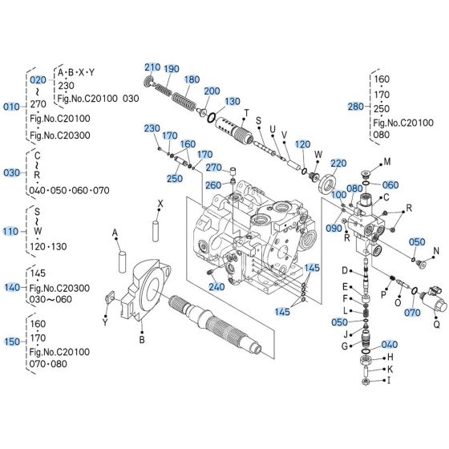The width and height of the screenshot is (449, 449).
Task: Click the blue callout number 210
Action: [x=152, y=67]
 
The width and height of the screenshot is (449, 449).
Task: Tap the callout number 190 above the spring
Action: [x=172, y=69]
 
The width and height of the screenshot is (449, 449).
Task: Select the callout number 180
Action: [x=192, y=79]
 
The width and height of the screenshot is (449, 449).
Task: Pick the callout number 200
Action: [x=212, y=91]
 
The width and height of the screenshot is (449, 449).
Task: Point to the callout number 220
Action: [x=338, y=163]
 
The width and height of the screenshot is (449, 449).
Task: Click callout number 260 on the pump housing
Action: [x=213, y=184]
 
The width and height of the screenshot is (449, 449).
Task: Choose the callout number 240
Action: [x=216, y=287]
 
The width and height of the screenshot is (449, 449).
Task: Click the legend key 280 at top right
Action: [x=355, y=105]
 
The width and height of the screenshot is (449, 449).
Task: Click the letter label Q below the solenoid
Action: [x=437, y=325]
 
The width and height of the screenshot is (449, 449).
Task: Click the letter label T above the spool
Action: [x=246, y=111]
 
